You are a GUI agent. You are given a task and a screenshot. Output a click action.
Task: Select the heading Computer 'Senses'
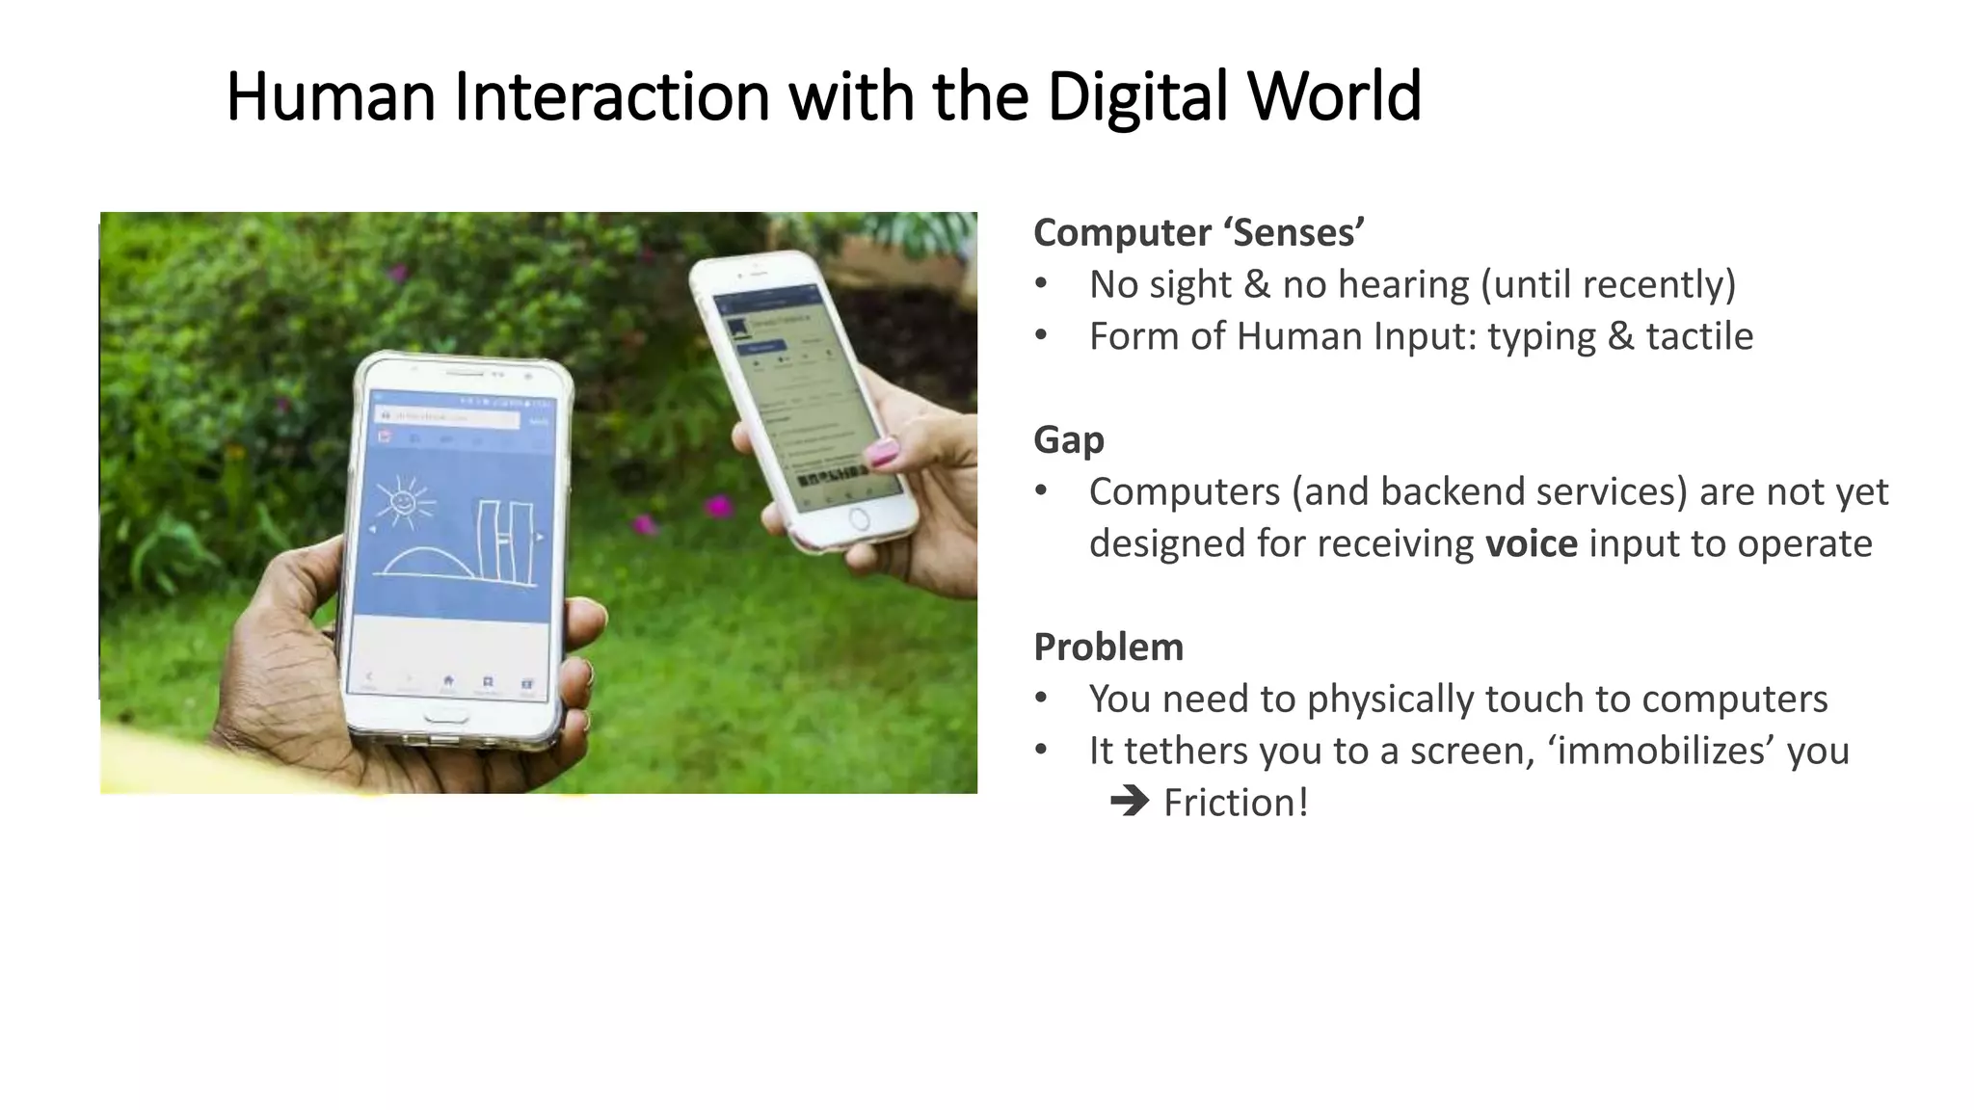[x=1198, y=233]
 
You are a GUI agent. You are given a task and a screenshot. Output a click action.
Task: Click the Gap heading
[x=1068, y=440]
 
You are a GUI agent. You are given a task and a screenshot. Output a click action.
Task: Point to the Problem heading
[x=1107, y=647]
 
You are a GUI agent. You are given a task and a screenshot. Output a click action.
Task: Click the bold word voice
[x=1531, y=544]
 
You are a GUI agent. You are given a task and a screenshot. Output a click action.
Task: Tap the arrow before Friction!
[x=1130, y=802]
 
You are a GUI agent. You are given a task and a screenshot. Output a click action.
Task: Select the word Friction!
[x=1236, y=804]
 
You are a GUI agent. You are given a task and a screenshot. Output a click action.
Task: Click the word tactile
[x=1698, y=337]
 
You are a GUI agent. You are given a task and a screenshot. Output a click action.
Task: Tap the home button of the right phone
[x=859, y=520]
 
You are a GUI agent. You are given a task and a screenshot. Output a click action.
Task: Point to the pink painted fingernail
[x=882, y=451]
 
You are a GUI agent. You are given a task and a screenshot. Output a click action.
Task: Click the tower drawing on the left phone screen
[x=505, y=542]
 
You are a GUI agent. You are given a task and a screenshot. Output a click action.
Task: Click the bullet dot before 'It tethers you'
[x=1041, y=750]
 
